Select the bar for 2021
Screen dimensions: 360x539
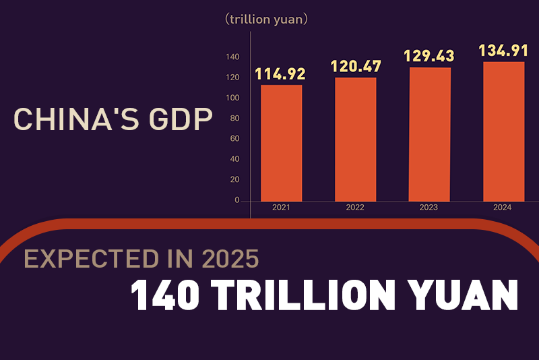(x=281, y=142)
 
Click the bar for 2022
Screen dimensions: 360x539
(x=355, y=139)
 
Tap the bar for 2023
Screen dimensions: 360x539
(x=430, y=134)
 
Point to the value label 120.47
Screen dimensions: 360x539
(x=356, y=67)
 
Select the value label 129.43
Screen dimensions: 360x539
(x=429, y=56)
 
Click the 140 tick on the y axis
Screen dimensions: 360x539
(x=232, y=57)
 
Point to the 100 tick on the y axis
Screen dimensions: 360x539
(x=232, y=98)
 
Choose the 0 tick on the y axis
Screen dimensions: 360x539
(x=236, y=200)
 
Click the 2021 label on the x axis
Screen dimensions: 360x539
(x=281, y=208)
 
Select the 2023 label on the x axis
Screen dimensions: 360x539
(x=429, y=208)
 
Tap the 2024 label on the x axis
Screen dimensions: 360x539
(x=503, y=208)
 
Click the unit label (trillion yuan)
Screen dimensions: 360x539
(x=267, y=20)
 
